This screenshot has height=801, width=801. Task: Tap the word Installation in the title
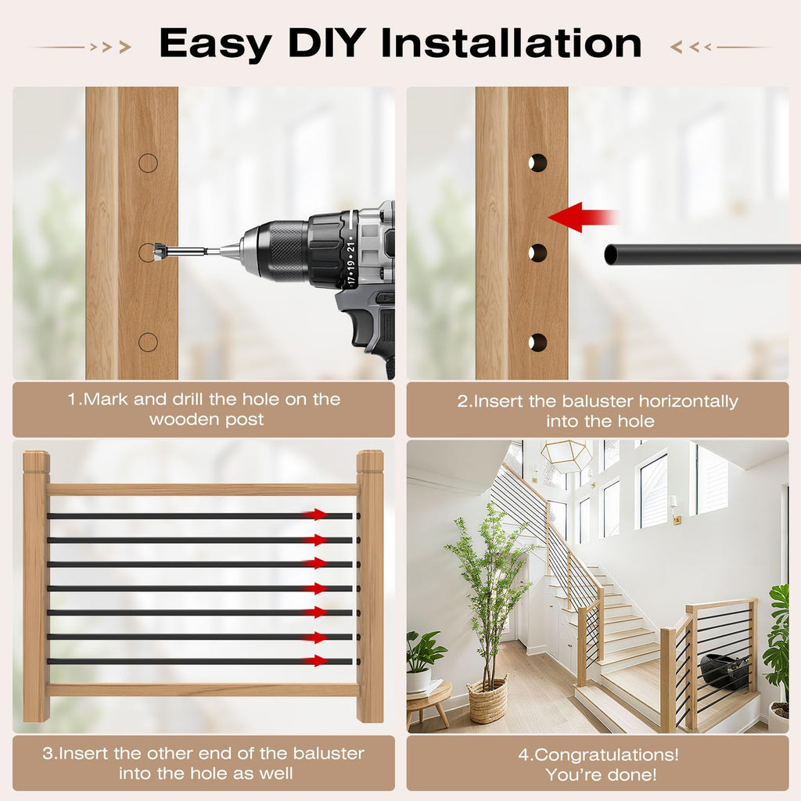coord(512,43)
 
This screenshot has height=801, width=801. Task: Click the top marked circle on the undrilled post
coord(148,163)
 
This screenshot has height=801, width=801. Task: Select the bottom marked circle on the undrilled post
coord(148,343)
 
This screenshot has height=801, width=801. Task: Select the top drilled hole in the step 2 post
coord(537,163)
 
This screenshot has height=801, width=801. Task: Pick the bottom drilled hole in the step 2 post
coord(537,343)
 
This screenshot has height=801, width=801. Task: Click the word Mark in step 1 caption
coord(106,399)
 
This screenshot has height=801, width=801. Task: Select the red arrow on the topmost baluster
coord(314,514)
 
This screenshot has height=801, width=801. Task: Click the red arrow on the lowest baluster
coord(314,660)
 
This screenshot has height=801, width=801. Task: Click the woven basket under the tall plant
coord(488,700)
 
